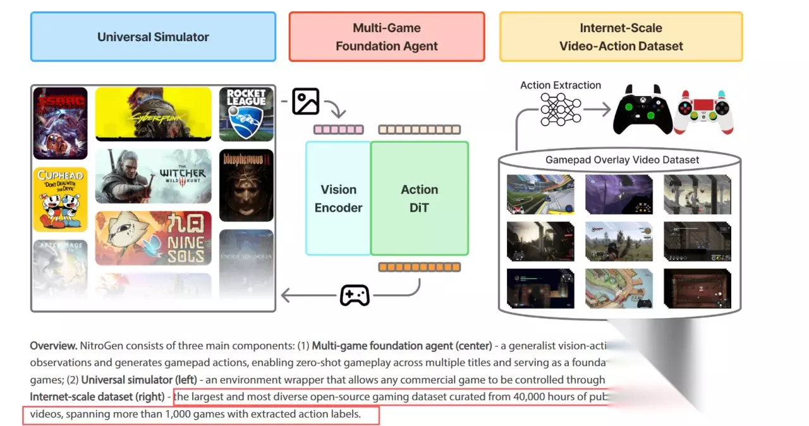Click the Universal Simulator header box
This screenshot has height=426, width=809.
tap(153, 37)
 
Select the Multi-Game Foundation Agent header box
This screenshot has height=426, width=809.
tap(387, 37)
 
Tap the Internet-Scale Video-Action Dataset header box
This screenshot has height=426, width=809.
tap(621, 37)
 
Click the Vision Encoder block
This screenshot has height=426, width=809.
tap(338, 198)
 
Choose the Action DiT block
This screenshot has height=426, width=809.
tap(420, 198)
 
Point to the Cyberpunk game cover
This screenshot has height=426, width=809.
tap(153, 114)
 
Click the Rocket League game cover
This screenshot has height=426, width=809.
tap(246, 114)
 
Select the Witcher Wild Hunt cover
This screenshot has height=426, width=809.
tap(153, 176)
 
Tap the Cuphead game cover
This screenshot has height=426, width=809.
tap(60, 198)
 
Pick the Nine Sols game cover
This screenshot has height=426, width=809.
tap(153, 238)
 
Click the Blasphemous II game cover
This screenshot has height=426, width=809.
tap(246, 185)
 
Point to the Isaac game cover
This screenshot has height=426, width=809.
tap(60, 123)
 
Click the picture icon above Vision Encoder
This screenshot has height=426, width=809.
tap(306, 101)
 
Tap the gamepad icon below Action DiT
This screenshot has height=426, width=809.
tap(355, 295)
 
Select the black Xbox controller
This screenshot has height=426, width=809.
tap(642, 110)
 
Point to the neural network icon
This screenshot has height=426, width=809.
tap(561, 109)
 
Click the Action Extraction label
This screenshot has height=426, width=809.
tap(561, 85)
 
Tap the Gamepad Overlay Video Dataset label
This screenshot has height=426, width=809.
tap(622, 160)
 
